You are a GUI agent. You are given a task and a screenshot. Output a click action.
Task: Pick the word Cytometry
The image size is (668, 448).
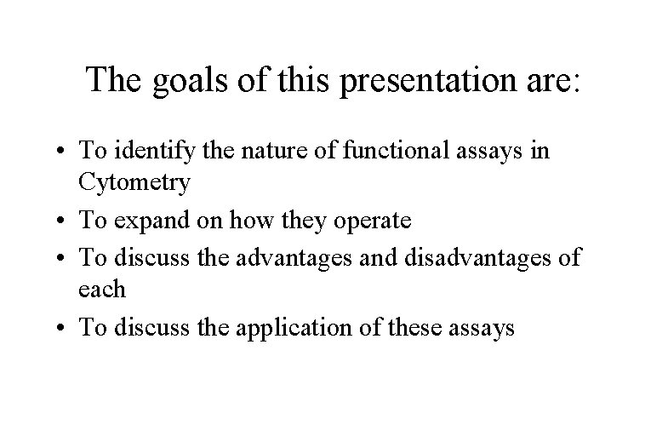point(134,181)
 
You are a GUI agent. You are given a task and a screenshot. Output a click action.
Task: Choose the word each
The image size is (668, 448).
point(102,289)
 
